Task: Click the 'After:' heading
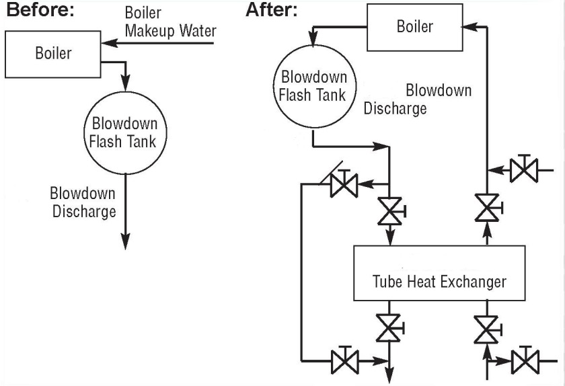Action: coord(272,11)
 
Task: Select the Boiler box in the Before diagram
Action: coord(53,53)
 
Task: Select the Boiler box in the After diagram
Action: coord(414,28)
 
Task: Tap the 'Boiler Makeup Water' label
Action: coord(170,22)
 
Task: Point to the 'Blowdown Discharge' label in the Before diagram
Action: coord(83,202)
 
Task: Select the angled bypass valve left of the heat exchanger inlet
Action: coord(343,184)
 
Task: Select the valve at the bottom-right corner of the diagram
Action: coord(523,361)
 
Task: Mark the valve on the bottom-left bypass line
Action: coord(345,361)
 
